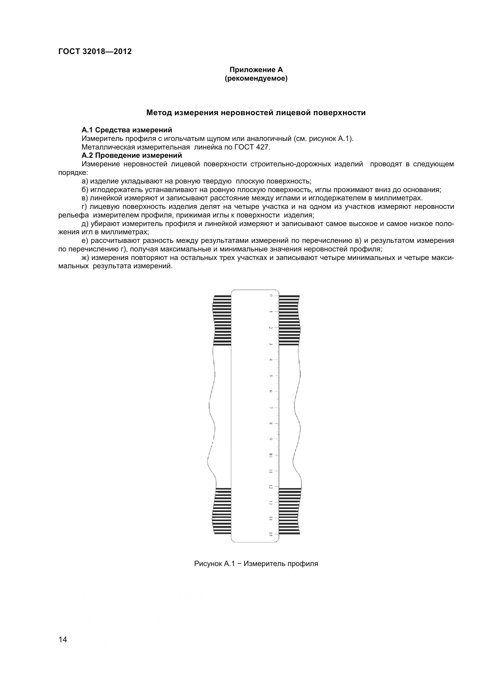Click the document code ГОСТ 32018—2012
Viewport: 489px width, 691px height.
click(x=95, y=51)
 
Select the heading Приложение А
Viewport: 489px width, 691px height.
click(x=256, y=70)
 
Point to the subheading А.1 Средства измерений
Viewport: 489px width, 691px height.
click(x=127, y=130)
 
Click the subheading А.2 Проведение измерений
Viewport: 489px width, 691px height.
click(x=132, y=155)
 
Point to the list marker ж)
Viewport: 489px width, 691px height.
click(x=85, y=258)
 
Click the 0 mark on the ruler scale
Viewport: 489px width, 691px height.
click(x=271, y=295)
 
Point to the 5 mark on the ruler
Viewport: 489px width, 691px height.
click(x=271, y=376)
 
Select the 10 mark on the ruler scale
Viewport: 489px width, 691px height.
click(x=271, y=456)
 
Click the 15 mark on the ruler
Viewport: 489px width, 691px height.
click(x=271, y=535)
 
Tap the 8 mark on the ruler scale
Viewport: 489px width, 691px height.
click(x=271, y=424)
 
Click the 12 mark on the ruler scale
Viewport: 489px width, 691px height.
click(x=271, y=487)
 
